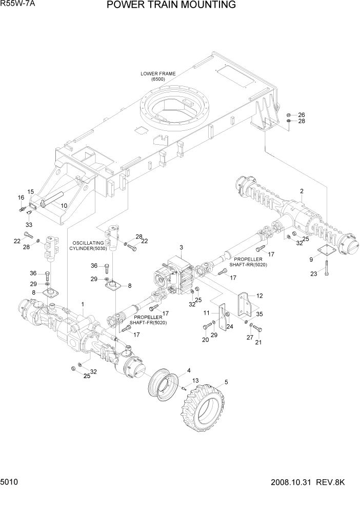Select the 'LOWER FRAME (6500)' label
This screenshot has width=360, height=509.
tap(158, 76)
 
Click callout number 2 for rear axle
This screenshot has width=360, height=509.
tap(302, 191)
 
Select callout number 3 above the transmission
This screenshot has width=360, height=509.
tap(181, 248)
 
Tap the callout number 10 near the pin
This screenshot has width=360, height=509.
tap(64, 206)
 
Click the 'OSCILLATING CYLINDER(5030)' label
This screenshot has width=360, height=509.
tap(89, 245)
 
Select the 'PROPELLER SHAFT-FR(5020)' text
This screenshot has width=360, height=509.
tap(149, 320)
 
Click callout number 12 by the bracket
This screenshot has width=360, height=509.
tap(259, 296)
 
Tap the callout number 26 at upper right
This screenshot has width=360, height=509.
tap(302, 114)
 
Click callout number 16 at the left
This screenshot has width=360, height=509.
tap(21, 198)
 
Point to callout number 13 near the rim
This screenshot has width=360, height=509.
tap(195, 380)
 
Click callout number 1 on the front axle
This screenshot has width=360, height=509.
tap(83, 304)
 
